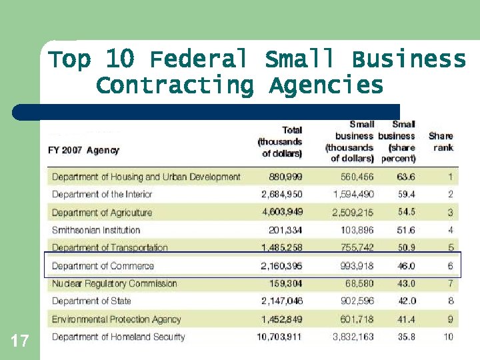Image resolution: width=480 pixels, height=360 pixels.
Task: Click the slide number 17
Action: [20, 342]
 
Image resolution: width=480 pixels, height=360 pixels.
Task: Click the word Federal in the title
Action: [198, 59]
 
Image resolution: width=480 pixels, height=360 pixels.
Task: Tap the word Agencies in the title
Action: [327, 85]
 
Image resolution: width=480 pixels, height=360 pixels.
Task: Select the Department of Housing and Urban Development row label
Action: [146, 177]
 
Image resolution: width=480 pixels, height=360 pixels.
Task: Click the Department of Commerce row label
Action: [103, 266]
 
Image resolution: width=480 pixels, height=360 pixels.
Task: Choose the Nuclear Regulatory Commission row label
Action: [115, 283]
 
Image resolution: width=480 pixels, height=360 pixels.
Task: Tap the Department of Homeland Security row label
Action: [119, 337]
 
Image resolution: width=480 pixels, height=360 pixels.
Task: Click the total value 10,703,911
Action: [279, 337]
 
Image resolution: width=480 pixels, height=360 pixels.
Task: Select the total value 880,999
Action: [285, 177]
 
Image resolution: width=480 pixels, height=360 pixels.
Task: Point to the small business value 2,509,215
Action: [353, 213]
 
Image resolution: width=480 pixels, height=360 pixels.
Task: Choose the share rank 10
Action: [448, 337]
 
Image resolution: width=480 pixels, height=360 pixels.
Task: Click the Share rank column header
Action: [441, 141]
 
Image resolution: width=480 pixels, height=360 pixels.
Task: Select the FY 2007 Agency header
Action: [83, 150]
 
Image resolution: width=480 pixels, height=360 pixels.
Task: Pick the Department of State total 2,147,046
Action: [282, 301]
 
